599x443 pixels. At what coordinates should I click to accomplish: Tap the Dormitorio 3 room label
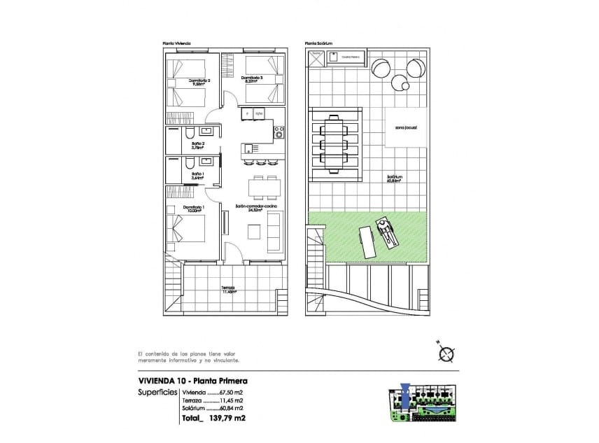(252, 79)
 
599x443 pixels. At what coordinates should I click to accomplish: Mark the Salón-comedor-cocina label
(255, 208)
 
